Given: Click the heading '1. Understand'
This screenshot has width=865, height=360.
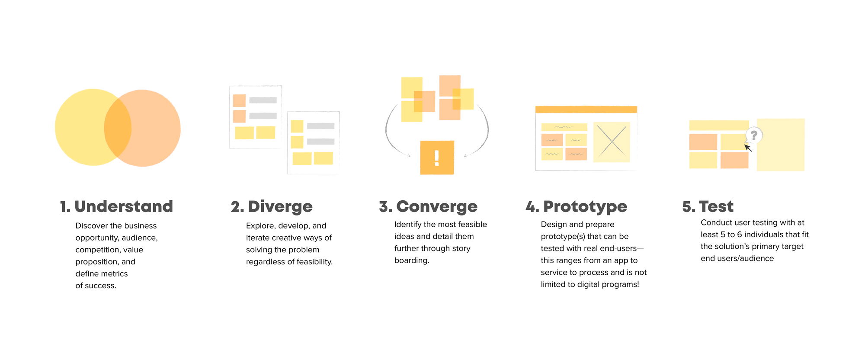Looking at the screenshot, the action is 116,207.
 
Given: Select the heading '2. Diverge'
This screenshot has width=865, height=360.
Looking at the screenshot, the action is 272,207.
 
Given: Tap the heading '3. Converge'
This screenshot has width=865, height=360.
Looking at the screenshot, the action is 428,207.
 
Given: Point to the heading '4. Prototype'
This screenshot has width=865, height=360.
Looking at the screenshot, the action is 576,207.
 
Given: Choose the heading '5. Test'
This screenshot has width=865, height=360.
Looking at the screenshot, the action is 708,207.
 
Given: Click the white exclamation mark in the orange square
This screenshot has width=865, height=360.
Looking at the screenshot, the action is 437,158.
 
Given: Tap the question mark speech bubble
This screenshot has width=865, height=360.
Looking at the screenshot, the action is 754,135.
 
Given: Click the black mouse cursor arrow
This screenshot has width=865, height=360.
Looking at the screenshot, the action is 748,148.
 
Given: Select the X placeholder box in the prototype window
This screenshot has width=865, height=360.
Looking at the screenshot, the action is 612,142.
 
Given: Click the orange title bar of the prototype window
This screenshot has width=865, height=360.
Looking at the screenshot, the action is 586,109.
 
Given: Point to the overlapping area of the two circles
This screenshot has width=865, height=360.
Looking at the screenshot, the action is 118,128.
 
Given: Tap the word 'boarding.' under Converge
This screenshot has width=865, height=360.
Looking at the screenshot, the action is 412,260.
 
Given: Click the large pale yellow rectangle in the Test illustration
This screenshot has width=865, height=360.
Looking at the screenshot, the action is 781,145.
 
